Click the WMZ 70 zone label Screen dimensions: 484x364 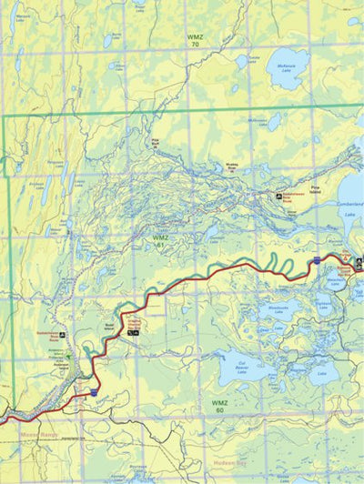coord(193,40)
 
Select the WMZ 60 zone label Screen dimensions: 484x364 coord(218,406)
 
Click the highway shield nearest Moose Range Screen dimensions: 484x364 coord(94,392)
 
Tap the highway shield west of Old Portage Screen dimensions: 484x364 coord(314,261)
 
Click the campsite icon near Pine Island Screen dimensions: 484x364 coord(279,196)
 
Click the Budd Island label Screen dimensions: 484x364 coord(111,325)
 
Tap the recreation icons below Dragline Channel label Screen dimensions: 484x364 coord(133,334)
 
